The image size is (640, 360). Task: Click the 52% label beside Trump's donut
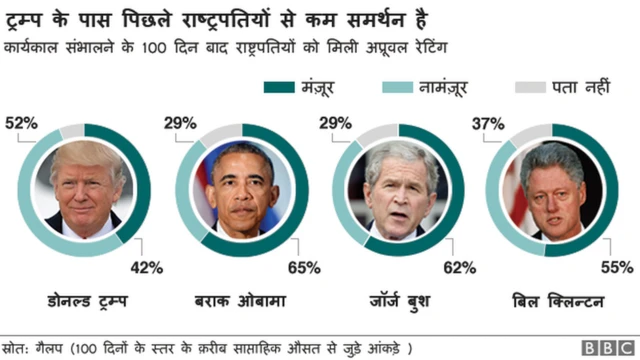[21, 123]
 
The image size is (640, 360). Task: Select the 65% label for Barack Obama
[304, 267]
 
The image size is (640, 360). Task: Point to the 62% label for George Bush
[459, 267]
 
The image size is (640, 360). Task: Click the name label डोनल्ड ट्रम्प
[88, 300]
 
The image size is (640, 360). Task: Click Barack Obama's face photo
[245, 188]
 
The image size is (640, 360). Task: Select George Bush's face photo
[402, 188]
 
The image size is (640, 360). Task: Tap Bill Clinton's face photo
[558, 188]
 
